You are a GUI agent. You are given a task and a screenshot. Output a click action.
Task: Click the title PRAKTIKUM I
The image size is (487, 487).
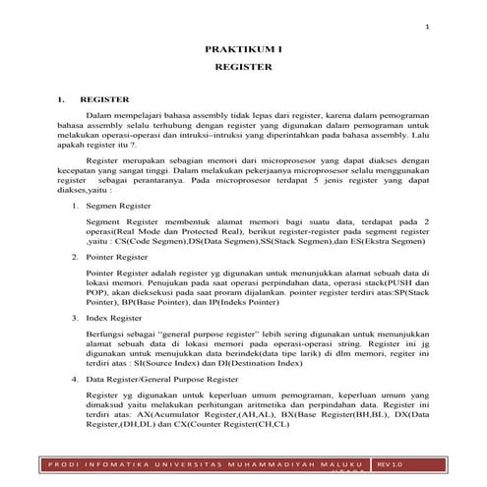point(242,47)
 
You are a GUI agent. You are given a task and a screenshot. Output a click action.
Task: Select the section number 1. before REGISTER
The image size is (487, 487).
point(61,99)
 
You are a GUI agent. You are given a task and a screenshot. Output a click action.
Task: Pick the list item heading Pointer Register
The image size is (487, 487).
point(110,255)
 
